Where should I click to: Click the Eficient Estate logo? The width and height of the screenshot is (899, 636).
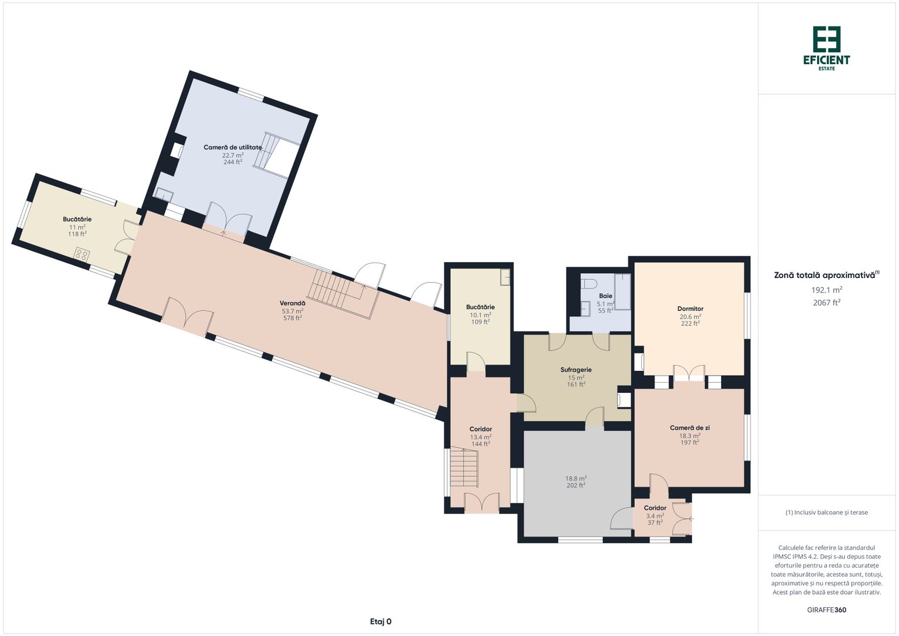click(x=827, y=48)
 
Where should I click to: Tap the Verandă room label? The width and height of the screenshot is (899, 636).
click(x=293, y=303)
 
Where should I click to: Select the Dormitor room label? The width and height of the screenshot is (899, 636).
click(x=690, y=309)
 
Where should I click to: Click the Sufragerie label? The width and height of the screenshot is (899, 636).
click(x=576, y=370)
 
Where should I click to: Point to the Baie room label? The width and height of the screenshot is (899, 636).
click(x=605, y=296)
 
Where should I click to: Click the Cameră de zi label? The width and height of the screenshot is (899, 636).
click(x=689, y=428)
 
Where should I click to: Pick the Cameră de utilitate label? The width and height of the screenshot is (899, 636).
click(x=233, y=147)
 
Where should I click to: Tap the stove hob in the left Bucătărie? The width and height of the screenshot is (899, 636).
click(x=82, y=254)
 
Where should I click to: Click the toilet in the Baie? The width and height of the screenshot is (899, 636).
click(x=586, y=284)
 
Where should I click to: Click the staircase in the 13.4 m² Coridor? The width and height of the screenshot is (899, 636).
click(x=464, y=468)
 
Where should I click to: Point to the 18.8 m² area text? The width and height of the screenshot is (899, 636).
click(x=576, y=479)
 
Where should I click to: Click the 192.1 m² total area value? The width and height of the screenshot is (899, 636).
click(x=827, y=290)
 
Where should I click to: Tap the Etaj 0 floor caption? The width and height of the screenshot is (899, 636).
click(x=380, y=621)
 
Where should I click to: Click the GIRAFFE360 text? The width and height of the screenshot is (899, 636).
click(x=827, y=610)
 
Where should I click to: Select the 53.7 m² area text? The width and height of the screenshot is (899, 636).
click(x=293, y=311)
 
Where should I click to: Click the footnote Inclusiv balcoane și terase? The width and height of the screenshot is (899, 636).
click(x=827, y=512)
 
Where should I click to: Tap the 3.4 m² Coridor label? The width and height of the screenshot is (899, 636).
click(x=655, y=508)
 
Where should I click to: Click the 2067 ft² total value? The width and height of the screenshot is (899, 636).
click(x=827, y=303)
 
